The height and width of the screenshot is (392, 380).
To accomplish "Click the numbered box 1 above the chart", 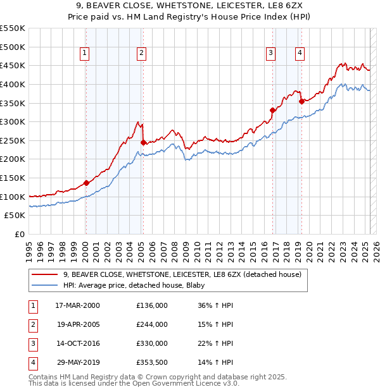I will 85,54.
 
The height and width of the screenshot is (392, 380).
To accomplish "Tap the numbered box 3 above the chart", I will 270,54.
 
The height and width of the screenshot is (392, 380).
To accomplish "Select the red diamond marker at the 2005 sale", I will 143,143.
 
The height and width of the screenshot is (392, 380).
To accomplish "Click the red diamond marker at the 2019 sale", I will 301,101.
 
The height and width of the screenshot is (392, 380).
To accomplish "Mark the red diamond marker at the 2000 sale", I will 86,183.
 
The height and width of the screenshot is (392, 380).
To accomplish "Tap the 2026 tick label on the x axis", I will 376,247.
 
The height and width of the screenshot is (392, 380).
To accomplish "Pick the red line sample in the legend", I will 44,274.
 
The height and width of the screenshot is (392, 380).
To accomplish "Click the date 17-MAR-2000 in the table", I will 77,305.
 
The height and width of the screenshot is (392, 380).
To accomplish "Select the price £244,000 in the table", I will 152,324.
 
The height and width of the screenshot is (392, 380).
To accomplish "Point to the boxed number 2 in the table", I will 32,324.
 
